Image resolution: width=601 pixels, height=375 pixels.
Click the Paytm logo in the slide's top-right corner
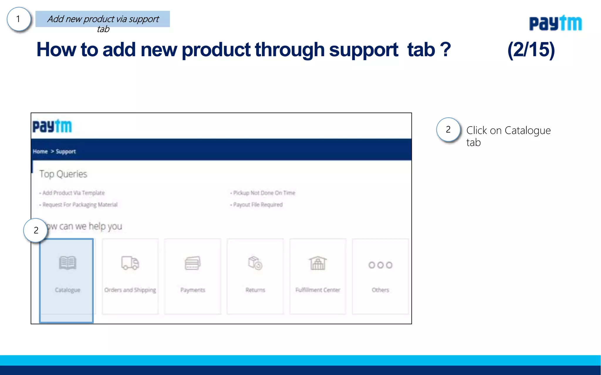(555, 23)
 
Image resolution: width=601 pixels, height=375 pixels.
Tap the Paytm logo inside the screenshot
(52, 126)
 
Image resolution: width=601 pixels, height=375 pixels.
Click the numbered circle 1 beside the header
(18, 19)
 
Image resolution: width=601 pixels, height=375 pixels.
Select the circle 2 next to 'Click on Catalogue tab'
(448, 129)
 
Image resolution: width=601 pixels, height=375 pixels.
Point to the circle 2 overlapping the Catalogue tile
(36, 230)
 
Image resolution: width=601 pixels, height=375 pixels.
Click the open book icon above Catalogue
(67, 263)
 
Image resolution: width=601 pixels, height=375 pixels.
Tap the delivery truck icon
(130, 263)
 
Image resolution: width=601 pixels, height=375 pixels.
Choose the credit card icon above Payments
(193, 263)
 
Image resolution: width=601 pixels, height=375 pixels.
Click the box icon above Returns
(255, 263)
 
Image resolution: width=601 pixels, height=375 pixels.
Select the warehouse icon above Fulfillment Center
(318, 263)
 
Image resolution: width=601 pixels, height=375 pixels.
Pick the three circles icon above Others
(380, 265)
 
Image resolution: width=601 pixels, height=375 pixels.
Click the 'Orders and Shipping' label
(130, 290)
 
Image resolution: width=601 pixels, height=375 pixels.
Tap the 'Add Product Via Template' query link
(73, 193)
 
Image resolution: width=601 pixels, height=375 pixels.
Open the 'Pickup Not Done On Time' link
(264, 193)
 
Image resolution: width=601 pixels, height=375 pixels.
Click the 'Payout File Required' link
(258, 204)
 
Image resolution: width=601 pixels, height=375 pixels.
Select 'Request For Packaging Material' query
(80, 204)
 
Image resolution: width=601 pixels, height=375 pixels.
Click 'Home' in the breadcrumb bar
(40, 151)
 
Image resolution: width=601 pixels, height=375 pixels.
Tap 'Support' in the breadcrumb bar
(66, 151)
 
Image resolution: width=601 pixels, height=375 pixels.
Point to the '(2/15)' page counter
(531, 50)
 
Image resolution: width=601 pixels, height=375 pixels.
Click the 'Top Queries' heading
(63, 174)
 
